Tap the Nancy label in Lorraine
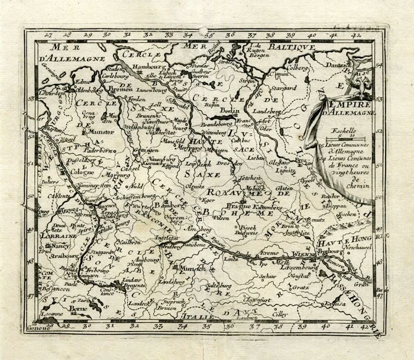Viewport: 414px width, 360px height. click(60, 245)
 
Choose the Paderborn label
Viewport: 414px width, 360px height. click(98, 151)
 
